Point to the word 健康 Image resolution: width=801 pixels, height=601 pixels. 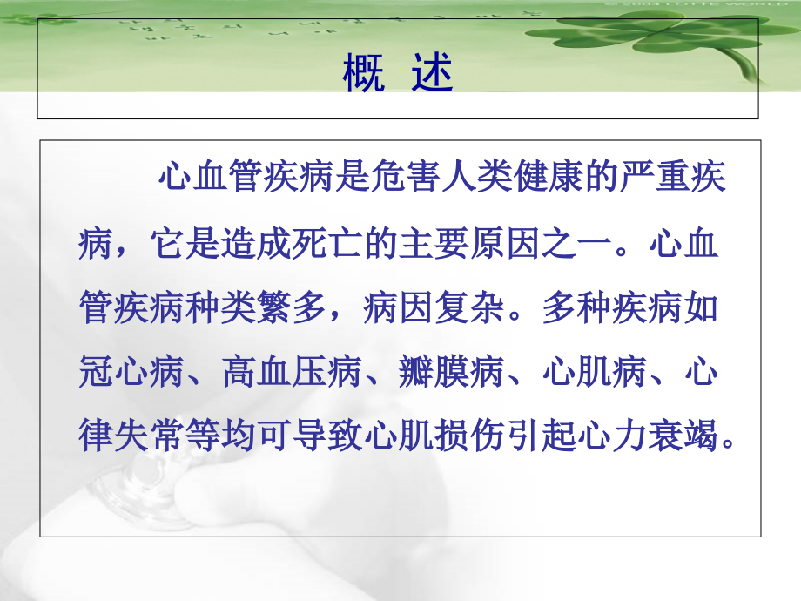(545, 179)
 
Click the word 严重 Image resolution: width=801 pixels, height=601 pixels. (653, 179)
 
